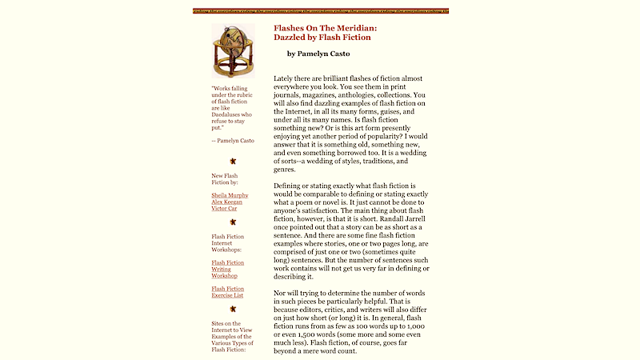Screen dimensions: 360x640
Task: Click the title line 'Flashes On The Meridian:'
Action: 325,27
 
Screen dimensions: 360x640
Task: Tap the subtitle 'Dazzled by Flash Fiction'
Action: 322,37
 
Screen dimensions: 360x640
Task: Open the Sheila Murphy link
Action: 230,195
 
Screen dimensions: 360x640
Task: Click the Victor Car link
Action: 226,210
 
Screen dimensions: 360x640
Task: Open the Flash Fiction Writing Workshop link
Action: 228,269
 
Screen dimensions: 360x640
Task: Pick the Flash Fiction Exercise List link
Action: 228,292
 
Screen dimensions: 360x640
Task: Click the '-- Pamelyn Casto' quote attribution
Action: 233,141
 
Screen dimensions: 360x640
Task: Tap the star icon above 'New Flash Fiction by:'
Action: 233,161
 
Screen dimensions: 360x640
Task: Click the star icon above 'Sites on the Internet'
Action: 233,309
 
